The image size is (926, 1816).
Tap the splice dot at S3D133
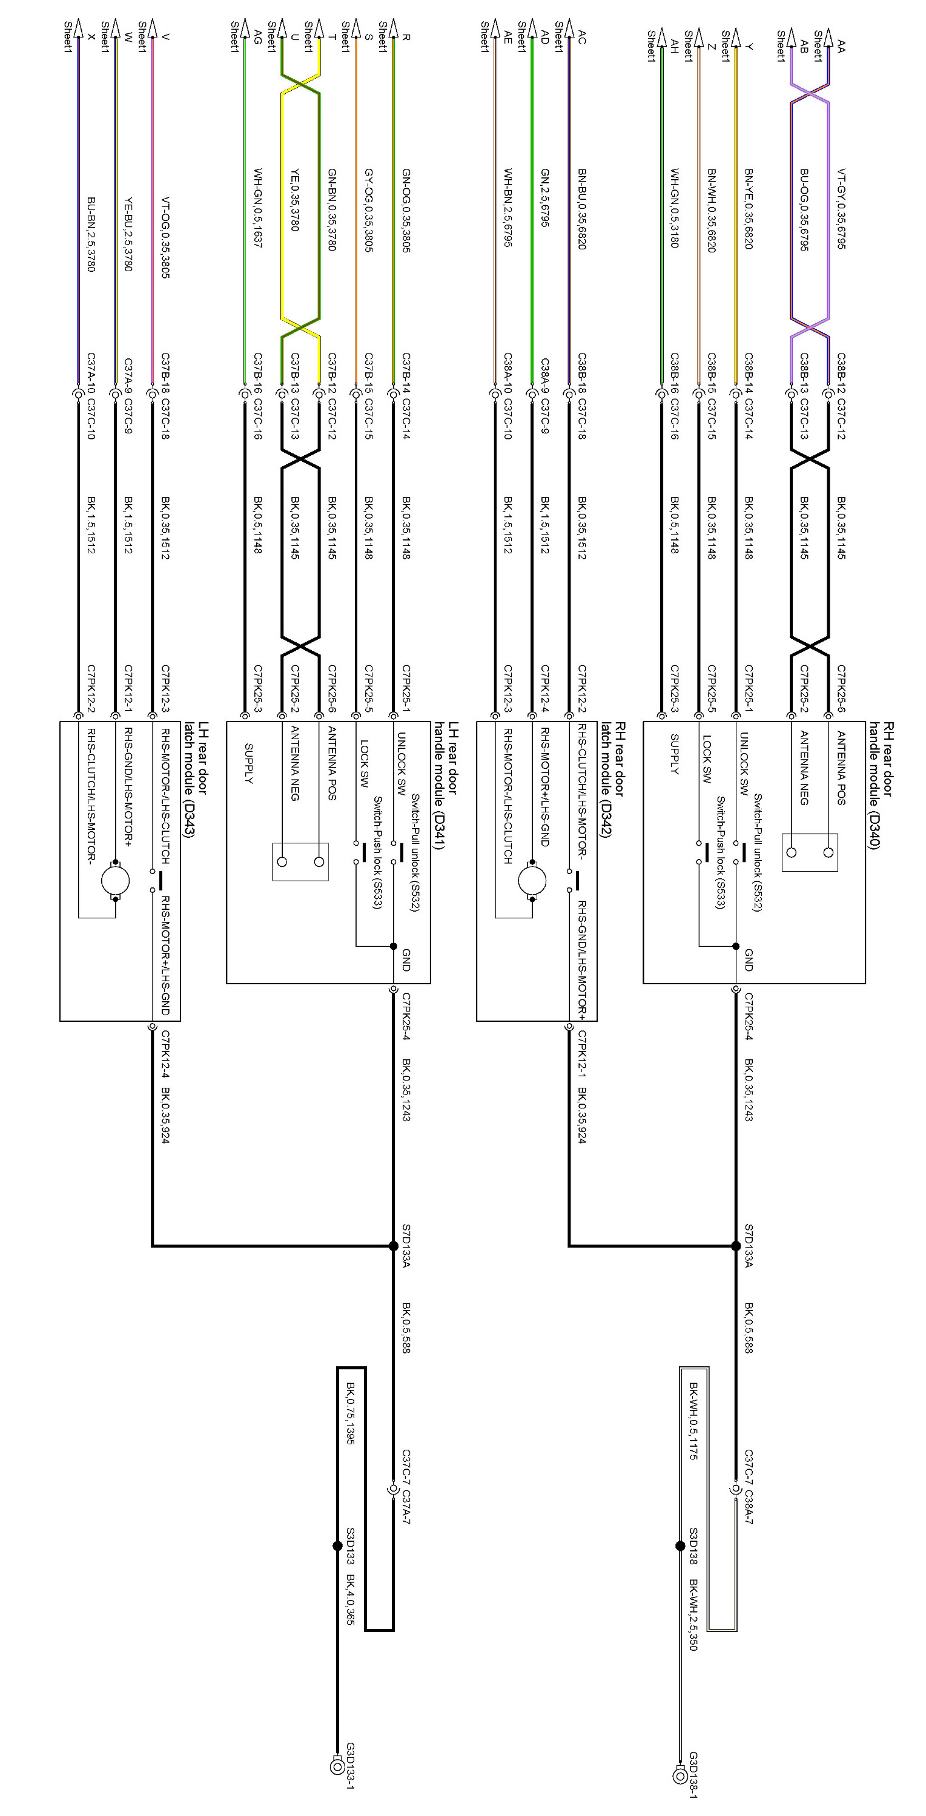tap(337, 1546)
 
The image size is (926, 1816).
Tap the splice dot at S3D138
tap(680, 1546)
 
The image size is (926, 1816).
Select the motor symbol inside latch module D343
tap(115, 880)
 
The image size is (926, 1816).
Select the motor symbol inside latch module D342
tap(532, 880)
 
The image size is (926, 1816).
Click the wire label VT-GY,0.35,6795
tap(841, 208)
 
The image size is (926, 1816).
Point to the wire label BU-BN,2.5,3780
tap(91, 234)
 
